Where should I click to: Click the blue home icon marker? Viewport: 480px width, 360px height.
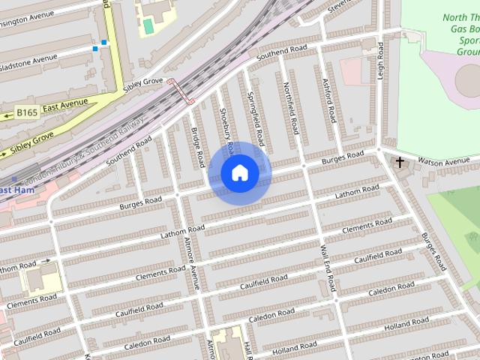tap(239, 173)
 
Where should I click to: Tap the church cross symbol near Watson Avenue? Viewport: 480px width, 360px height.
tap(400, 162)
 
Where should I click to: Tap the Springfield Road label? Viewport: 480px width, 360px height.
tap(255, 118)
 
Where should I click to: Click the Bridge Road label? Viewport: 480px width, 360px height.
tap(198, 147)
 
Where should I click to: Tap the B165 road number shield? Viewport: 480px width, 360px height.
tap(27, 113)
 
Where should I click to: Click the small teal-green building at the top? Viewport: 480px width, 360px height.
tap(148, 26)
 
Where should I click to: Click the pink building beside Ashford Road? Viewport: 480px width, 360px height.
tap(355, 70)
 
